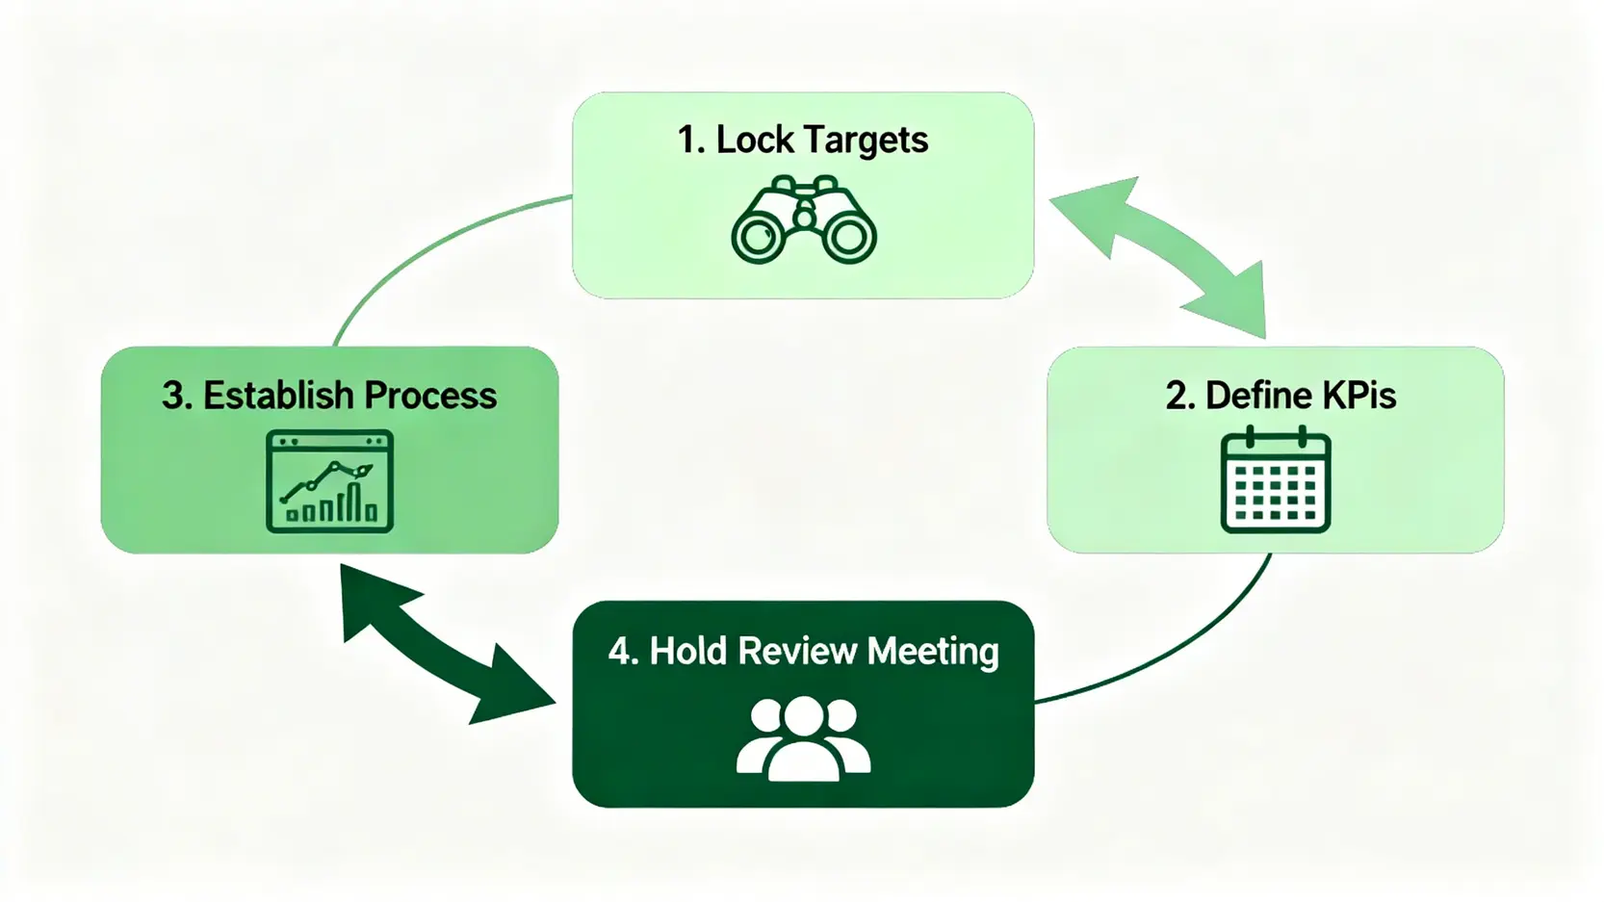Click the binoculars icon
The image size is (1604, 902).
pyautogui.click(x=803, y=220)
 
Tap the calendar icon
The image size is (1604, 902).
pyautogui.click(x=1275, y=480)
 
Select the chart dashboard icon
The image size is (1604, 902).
pyautogui.click(x=329, y=481)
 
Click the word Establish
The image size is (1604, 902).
pyautogui.click(x=278, y=396)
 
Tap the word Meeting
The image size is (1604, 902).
pyautogui.click(x=933, y=653)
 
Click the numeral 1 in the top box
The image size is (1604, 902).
pyautogui.click(x=686, y=141)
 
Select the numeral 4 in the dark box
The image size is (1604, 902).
pyautogui.click(x=621, y=652)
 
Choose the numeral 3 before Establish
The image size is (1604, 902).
pyautogui.click(x=174, y=396)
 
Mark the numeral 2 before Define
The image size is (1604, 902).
pyautogui.click(x=1177, y=396)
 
